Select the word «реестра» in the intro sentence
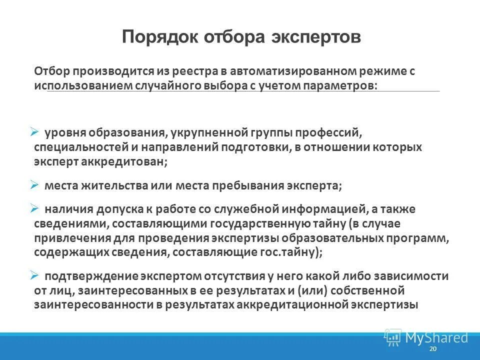(191, 71)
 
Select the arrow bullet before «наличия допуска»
(34, 207)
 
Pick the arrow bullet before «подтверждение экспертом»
(34, 275)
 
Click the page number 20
(433, 348)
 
